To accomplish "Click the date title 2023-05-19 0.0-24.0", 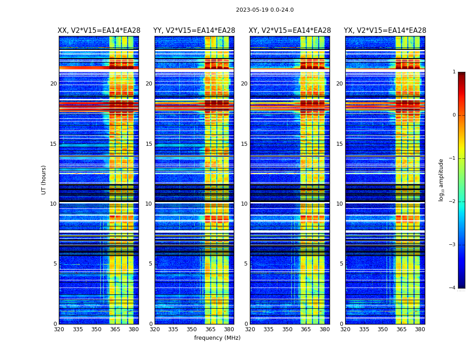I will tap(265, 10).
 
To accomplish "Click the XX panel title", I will tap(99, 31).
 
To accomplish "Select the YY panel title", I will tap(194, 31).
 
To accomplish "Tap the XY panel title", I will tap(290, 31).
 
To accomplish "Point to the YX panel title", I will tap(385, 31).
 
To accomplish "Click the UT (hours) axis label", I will tap(44, 180).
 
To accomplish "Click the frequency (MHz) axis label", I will tap(217, 338).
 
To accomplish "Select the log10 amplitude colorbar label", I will tap(441, 180).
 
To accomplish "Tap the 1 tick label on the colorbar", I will tap(454, 72).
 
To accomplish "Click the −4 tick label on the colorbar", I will tap(452, 288).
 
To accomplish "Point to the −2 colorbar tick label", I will tap(452, 202).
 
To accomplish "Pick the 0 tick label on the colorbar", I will tap(454, 115).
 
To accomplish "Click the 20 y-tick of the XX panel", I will tap(53, 84).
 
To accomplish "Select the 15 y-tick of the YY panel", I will tap(149, 144).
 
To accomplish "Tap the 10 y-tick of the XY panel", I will tap(244, 204).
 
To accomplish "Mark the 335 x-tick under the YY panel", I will tap(173, 329).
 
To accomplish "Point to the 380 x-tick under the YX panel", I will tap(420, 329).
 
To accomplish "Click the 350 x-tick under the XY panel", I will tap(287, 329).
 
